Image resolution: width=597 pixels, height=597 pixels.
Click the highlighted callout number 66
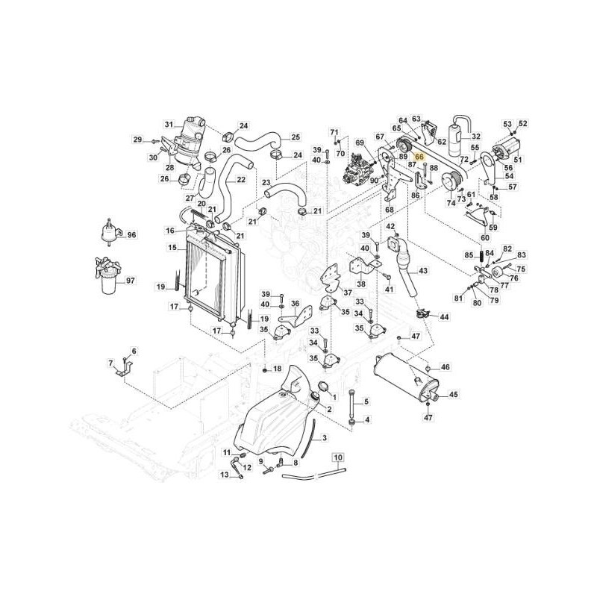click(x=419, y=157)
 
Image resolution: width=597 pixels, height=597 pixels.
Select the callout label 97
click(x=131, y=281)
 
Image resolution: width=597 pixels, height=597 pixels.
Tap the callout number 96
click(x=131, y=235)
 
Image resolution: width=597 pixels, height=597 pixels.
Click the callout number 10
click(x=338, y=457)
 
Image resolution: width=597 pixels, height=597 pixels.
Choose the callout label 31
click(x=169, y=124)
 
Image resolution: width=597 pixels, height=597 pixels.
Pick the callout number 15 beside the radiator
click(x=172, y=248)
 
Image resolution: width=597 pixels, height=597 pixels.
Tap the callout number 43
click(x=423, y=271)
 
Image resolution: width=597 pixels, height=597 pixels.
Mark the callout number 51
click(x=518, y=160)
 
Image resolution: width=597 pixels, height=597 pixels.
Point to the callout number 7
click(x=110, y=363)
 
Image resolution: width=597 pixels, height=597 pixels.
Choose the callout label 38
click(x=361, y=284)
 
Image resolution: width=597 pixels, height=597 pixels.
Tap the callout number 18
click(x=277, y=369)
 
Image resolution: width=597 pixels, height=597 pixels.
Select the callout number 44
click(x=444, y=316)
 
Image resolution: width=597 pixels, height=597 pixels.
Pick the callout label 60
click(x=485, y=238)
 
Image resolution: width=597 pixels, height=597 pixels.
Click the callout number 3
click(x=325, y=438)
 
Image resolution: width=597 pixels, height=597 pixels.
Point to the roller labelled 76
click(x=497, y=273)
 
